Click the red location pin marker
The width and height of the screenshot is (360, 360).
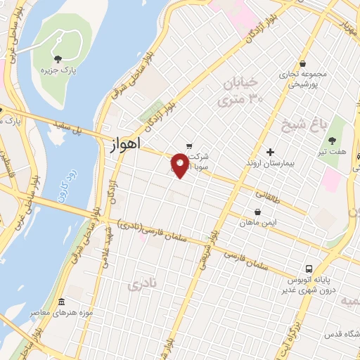180,165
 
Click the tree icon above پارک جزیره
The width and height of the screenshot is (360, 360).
57,58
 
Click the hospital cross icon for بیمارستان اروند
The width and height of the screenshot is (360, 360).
270,152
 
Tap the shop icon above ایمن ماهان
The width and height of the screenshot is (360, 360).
258,211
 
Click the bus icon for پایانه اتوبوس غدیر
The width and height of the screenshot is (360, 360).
309,269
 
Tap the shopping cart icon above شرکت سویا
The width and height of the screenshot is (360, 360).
189,146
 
